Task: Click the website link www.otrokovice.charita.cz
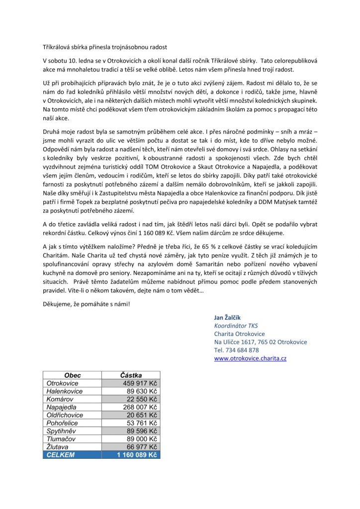pyautogui.click(x=250, y=358)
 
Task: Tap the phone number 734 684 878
pyautogui.click(x=236, y=350)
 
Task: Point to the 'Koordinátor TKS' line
pyautogui.click(x=236, y=326)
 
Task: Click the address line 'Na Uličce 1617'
pyautogui.click(x=261, y=342)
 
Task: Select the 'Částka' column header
pyautogui.click(x=131, y=375)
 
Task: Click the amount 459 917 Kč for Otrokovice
pyautogui.click(x=139, y=383)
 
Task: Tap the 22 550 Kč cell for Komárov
pyautogui.click(x=141, y=399)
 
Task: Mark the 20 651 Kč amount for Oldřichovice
pyautogui.click(x=141, y=415)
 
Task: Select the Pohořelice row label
pyautogui.click(x=63, y=423)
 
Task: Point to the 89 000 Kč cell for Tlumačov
pyautogui.click(x=141, y=439)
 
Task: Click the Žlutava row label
pyautogui.click(x=57, y=447)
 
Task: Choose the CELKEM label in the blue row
pyautogui.click(x=61, y=455)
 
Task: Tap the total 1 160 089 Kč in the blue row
pyautogui.click(x=136, y=455)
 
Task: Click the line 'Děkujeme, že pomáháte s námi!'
pyautogui.click(x=86, y=304)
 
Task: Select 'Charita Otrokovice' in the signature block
pyautogui.click(x=239, y=334)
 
